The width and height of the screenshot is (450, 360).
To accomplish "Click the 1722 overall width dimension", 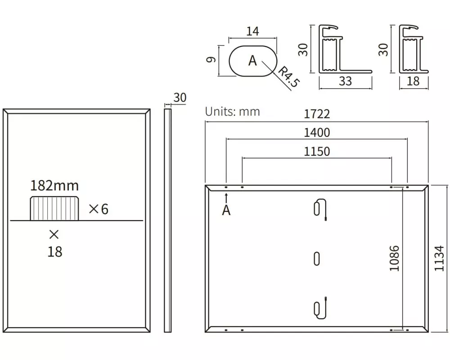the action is [317, 114].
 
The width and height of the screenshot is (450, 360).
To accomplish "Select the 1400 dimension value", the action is [317, 133].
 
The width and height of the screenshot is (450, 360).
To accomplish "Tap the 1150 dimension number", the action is [317, 151].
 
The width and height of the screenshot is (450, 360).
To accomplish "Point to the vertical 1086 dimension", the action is [394, 258].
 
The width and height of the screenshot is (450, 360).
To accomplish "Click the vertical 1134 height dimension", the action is [439, 258].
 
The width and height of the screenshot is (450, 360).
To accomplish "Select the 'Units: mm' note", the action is [233, 112].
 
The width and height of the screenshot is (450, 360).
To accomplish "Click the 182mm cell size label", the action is [54, 186].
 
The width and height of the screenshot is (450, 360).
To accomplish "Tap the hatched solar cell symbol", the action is [54, 208].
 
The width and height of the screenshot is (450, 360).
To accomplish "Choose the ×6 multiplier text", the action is [99, 209].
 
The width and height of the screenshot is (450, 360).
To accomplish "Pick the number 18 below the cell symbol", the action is [54, 252].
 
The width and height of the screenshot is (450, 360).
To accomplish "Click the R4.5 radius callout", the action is [289, 76].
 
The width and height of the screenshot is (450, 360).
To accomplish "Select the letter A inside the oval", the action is [252, 61].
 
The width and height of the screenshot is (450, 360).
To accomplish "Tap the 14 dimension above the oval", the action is [252, 31].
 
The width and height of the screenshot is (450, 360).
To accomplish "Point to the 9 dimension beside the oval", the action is [211, 59].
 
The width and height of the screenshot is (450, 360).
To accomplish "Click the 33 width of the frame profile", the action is [345, 81].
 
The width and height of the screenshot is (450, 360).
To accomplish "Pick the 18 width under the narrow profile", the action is [413, 81].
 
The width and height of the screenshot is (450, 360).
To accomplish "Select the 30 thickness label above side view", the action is [180, 98].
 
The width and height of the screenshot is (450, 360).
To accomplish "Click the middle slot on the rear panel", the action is [316, 259].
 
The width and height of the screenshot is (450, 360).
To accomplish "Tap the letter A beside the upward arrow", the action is [226, 210].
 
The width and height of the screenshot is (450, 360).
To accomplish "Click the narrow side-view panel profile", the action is [167, 220].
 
